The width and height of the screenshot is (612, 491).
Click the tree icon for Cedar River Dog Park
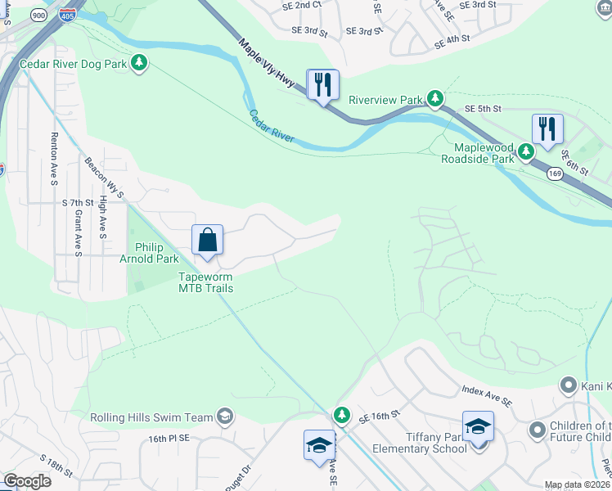coord(140,63)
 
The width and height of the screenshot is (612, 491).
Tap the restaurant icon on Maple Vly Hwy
coord(322,84)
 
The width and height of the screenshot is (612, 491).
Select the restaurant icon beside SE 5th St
coord(547,128)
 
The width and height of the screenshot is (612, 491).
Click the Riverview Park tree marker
coord(435,100)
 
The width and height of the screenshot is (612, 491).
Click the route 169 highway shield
coord(556,173)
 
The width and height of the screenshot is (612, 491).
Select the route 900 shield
coord(38,15)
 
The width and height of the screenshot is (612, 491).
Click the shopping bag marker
coord(208,241)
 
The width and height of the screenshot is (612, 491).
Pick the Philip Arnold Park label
coord(157,253)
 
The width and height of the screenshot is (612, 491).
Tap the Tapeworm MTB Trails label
coord(206,282)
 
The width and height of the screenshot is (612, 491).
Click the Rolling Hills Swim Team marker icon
coord(224,417)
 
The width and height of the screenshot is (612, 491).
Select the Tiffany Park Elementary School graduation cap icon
coord(478,427)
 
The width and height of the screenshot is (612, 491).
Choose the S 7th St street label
coord(79,202)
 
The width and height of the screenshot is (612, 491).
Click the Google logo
coord(27,481)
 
